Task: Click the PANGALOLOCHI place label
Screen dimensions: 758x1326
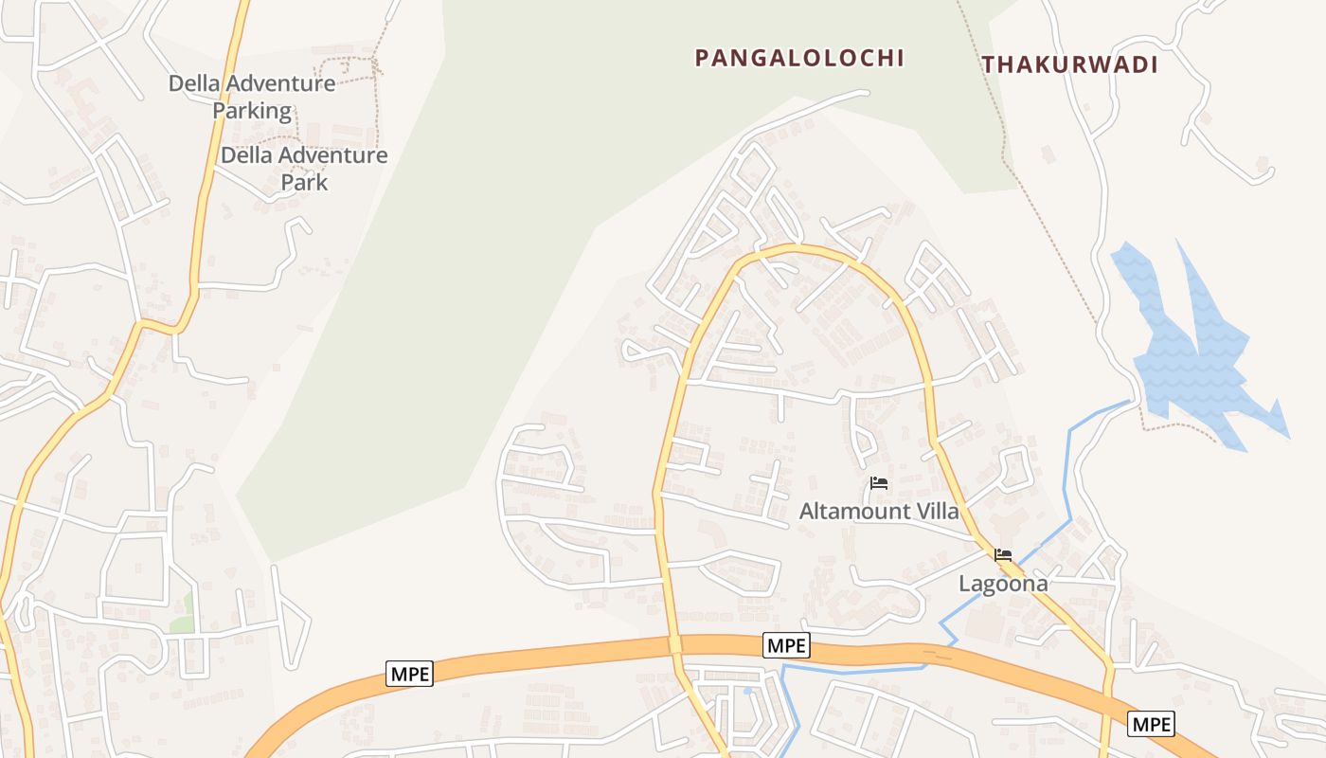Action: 799,58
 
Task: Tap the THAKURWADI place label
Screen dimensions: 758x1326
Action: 1069,64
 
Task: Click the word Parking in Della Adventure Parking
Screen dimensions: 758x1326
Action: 252,110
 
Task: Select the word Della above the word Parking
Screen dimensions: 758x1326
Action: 195,83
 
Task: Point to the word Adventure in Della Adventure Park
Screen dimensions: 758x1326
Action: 332,154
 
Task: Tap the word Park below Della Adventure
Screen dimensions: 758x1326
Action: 304,182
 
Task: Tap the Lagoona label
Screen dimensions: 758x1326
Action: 1003,584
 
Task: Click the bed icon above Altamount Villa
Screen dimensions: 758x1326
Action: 878,483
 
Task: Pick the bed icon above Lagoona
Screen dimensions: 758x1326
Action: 1003,555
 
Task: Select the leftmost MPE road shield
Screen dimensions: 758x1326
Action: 410,674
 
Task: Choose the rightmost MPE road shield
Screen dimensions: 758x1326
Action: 1151,724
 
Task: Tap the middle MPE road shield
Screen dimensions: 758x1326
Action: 786,645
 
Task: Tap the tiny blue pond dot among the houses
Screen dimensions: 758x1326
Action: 747,691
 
